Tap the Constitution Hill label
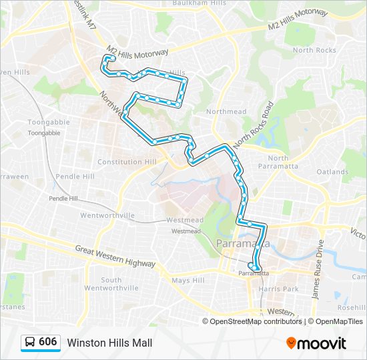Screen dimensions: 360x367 click(126, 162)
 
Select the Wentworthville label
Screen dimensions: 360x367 click(107, 215)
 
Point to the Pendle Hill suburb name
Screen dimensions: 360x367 click(75, 177)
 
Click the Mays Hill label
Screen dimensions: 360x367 click(188, 281)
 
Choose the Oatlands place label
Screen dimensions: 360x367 click(332, 172)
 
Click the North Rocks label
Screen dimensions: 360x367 click(314, 51)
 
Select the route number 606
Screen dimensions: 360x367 click(48, 342)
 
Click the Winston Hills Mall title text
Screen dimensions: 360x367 click(109, 343)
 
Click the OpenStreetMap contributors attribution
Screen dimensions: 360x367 click(256, 321)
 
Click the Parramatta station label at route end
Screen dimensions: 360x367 click(254, 273)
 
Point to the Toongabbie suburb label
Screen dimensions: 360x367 click(45, 123)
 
